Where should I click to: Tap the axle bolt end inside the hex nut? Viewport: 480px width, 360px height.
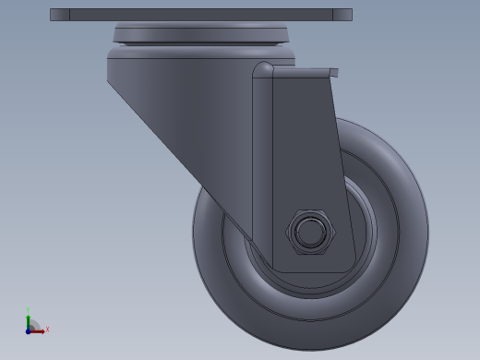[309, 232]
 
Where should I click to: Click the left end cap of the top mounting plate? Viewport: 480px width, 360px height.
[59, 15]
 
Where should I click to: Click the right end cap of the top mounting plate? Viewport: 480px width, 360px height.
[342, 15]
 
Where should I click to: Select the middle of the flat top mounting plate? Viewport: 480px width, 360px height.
[200, 15]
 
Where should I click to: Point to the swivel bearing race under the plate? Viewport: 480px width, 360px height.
[200, 34]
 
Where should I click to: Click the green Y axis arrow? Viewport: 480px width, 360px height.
[28, 318]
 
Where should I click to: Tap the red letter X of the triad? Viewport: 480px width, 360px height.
[47, 329]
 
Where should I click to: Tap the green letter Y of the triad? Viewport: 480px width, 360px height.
[28, 310]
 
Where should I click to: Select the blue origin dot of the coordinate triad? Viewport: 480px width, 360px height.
[29, 330]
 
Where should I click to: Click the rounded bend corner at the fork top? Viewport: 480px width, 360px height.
[262, 70]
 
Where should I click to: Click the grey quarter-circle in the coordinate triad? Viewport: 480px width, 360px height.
[34, 324]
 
